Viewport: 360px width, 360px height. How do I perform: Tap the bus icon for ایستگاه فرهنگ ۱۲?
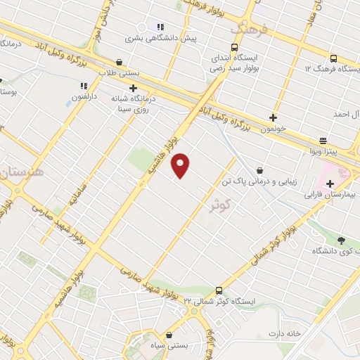click(333, 59)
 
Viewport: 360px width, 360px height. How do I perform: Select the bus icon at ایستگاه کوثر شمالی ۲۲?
click(219, 290)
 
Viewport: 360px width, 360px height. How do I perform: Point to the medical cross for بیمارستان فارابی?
click(330, 184)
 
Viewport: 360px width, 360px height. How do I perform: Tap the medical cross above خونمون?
click(273, 117)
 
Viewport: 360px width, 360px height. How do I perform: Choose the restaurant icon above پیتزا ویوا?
click(323, 141)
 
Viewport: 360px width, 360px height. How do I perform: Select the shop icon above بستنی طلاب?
click(118, 62)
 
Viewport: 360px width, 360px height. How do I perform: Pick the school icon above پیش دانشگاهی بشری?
click(160, 26)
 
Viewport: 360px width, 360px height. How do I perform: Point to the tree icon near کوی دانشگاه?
click(341, 240)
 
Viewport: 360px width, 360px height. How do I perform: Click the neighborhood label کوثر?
click(220, 203)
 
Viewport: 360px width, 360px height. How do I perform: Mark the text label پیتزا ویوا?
click(325, 151)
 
